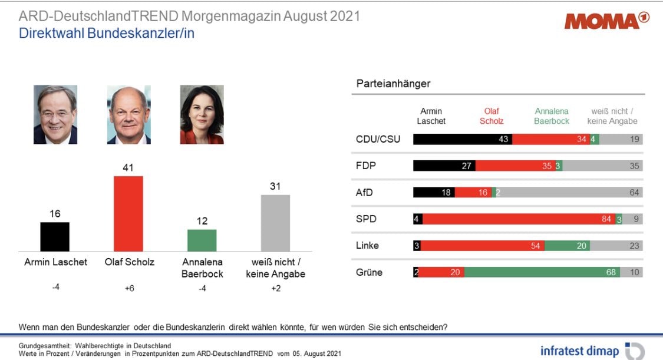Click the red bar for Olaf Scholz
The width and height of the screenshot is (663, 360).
tap(128, 213)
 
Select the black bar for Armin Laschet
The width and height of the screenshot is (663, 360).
tap(55, 236)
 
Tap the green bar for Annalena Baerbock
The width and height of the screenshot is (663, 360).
tap(202, 240)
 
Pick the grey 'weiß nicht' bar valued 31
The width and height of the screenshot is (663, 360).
tap(275, 223)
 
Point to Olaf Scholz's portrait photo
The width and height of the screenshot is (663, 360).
tap(128, 115)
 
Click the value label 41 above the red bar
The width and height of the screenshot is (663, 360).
tap(128, 168)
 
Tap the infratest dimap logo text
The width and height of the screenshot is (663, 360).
tap(579, 351)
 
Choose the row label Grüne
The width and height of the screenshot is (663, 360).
tap(369, 272)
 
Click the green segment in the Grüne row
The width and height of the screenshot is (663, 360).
tap(542, 272)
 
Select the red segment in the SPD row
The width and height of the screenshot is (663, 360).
tap(519, 219)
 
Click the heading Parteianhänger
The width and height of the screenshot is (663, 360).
tap(393, 84)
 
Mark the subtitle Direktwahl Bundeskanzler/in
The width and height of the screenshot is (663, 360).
tap(107, 33)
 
